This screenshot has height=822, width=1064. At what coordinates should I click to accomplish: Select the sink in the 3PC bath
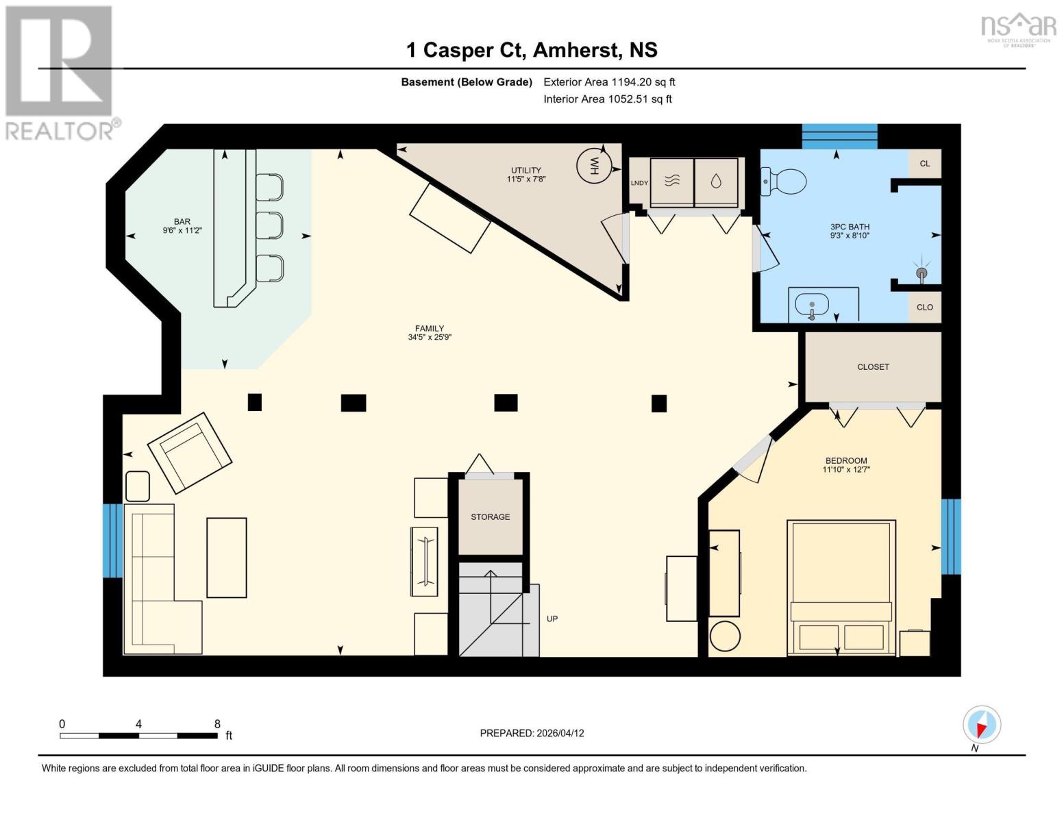click(812, 304)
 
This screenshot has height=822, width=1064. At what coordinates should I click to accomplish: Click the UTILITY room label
click(525, 171)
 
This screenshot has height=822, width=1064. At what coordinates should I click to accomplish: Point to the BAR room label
click(182, 221)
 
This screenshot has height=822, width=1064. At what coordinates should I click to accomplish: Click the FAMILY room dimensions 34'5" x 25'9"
click(430, 337)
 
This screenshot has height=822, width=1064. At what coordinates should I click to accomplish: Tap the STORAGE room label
click(490, 516)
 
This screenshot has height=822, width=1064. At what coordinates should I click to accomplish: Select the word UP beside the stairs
click(552, 619)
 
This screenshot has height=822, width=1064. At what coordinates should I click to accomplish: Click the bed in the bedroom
click(841, 587)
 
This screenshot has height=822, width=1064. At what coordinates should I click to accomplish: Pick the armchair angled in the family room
click(190, 452)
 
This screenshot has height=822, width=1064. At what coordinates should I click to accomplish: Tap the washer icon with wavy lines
click(672, 182)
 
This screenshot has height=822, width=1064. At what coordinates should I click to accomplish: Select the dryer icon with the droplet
click(716, 182)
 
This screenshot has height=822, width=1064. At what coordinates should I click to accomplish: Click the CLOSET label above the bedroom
click(873, 367)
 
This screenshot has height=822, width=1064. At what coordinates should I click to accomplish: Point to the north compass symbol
click(982, 725)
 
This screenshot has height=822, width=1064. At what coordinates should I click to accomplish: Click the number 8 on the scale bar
click(217, 724)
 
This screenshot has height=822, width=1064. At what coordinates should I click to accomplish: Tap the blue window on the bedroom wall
click(950, 536)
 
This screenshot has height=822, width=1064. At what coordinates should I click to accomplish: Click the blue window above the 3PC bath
click(839, 136)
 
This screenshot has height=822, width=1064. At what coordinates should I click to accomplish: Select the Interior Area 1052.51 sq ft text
click(607, 99)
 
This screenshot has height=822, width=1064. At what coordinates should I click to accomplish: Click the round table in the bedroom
click(725, 636)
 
